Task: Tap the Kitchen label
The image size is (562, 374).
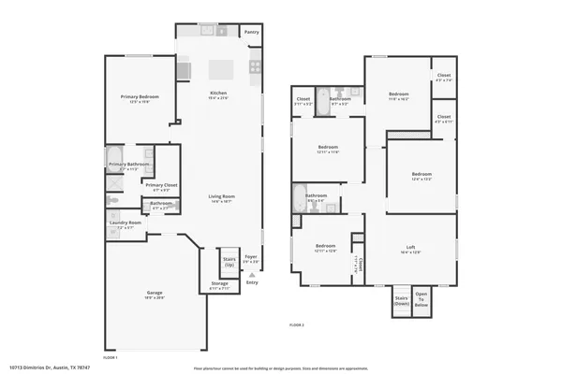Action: coord(218,93)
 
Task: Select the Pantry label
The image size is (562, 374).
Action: coord(251,32)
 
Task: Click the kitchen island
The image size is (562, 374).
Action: coord(220,69)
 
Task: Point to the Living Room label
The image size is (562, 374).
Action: coord(221,197)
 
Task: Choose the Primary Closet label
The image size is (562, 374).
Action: coord(160,185)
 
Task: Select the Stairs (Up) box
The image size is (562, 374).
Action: coord(229,263)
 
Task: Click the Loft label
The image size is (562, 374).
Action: coord(410,248)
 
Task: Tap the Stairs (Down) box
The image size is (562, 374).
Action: coord(400,300)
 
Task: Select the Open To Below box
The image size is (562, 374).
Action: coord(421,299)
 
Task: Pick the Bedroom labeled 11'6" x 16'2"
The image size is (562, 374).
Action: coord(399,94)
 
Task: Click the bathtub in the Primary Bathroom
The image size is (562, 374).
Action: coord(114,156)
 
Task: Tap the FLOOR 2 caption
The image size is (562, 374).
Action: coord(297,324)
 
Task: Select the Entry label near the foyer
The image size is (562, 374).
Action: coord(251,282)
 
